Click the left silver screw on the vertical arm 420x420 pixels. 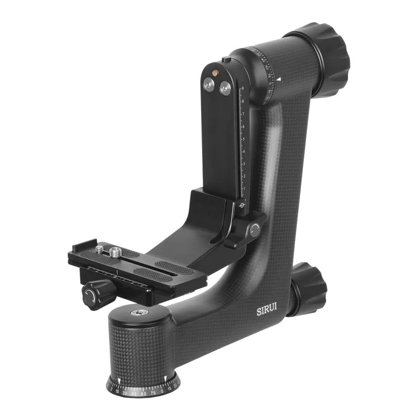click(209, 85)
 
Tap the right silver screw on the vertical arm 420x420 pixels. click(225, 88)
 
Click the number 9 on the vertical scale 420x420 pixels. click(242, 89)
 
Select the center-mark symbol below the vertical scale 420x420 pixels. click(242, 205)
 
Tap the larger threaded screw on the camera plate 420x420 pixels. click(114, 253)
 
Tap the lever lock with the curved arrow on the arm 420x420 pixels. click(256, 229)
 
